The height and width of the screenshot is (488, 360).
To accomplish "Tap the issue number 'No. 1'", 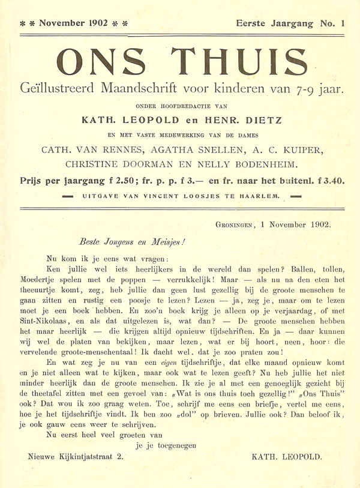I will tap(333, 23).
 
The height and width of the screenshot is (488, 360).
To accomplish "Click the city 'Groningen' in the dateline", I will tap(236, 226).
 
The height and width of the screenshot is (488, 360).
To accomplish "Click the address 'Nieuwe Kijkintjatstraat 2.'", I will tap(76, 457).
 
